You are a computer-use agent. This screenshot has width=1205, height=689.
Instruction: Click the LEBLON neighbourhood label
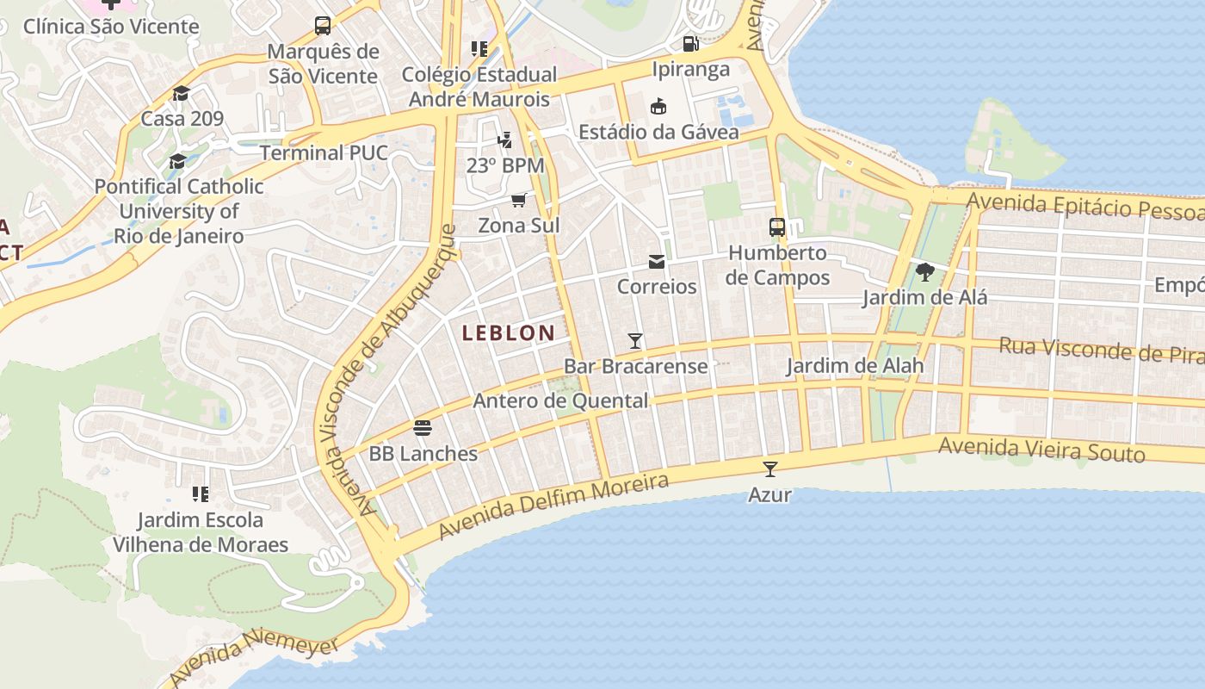coord(508,333)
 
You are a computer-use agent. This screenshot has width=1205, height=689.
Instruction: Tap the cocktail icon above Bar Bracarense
coord(635,341)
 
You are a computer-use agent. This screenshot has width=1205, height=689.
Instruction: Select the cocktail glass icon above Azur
coord(770,469)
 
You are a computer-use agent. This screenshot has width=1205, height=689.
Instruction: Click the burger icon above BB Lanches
coord(422,427)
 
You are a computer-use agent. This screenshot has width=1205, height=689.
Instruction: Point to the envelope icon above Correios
coord(657,262)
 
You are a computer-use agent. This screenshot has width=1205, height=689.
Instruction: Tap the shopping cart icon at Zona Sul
coord(518,201)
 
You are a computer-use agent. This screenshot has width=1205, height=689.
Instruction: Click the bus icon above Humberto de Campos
coord(777,227)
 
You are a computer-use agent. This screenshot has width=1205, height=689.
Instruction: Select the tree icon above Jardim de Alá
coord(925,273)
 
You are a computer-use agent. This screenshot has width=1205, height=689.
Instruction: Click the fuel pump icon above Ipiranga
coord(690,43)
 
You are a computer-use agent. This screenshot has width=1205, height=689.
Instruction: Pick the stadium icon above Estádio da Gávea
coord(658,106)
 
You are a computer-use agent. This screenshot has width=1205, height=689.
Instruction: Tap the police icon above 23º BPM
coord(505,139)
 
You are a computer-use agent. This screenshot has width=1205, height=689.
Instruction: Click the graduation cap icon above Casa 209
coord(181,93)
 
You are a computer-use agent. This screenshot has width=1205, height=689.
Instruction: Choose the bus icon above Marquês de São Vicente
coord(323,26)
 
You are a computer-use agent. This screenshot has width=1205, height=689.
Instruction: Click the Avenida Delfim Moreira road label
coord(553,506)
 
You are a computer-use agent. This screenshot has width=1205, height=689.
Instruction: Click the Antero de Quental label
coord(560,400)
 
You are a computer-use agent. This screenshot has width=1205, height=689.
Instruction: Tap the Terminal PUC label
coord(324,153)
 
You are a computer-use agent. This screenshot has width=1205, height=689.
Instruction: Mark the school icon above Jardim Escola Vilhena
coord(201,494)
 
